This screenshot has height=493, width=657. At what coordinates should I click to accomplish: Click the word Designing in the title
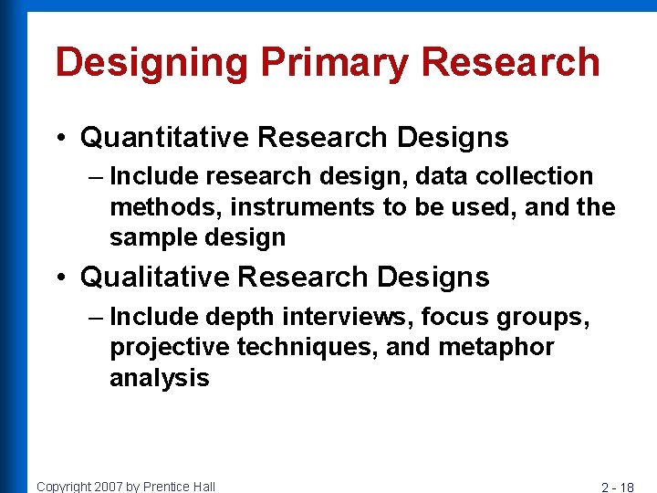151,63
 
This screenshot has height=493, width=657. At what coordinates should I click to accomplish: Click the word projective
170,348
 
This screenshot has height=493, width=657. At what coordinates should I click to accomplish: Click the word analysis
160,378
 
